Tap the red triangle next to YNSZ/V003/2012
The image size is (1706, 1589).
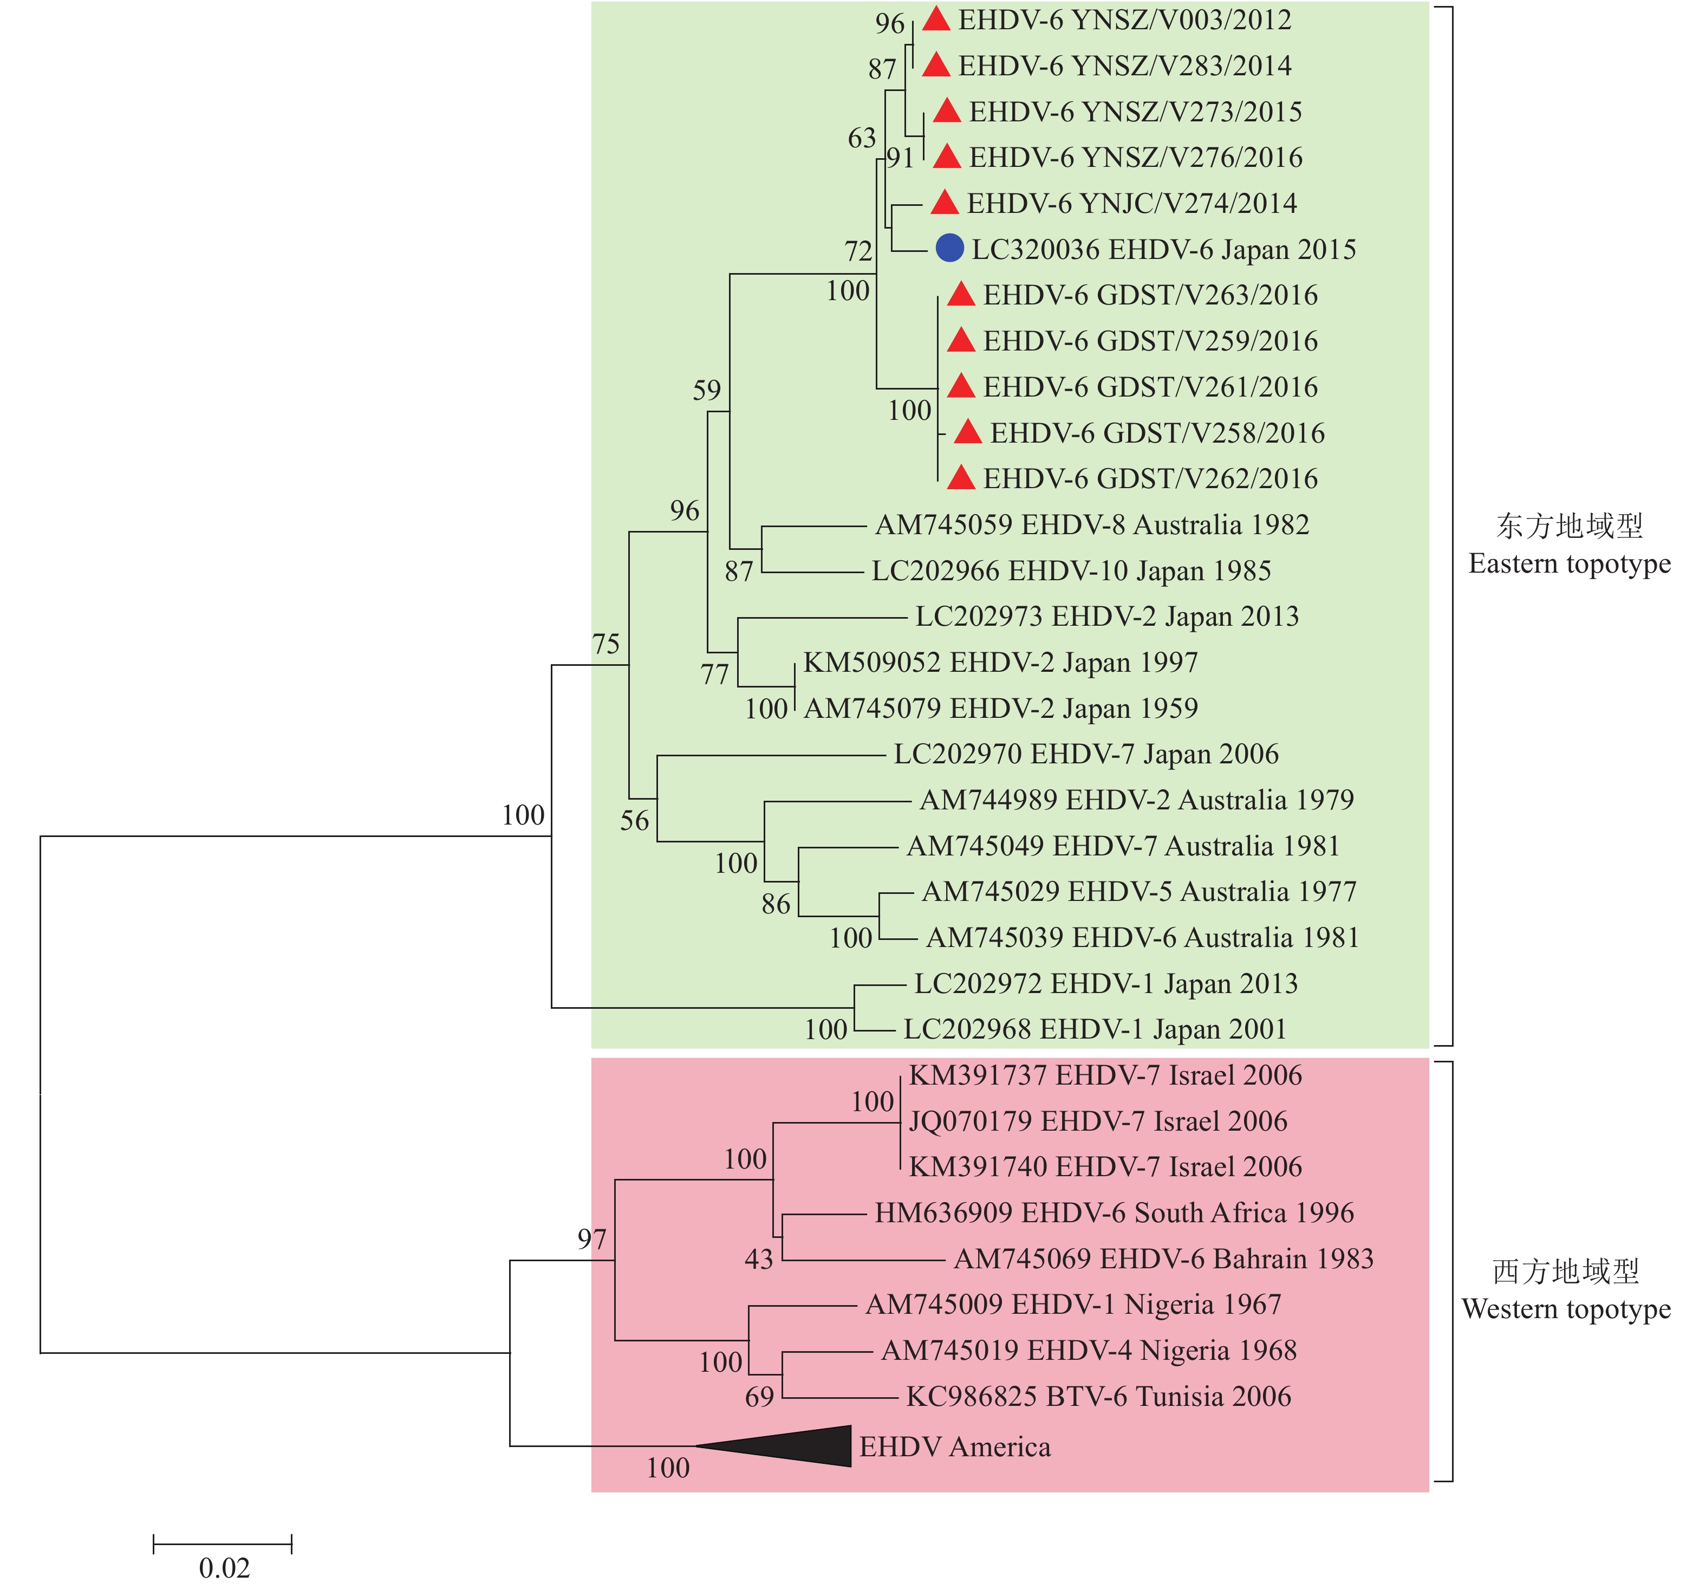tap(936, 20)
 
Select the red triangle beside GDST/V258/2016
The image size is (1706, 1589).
tap(968, 433)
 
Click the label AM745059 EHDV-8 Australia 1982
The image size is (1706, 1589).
tap(1091, 524)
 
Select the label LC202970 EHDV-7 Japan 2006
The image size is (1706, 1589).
tap(1085, 754)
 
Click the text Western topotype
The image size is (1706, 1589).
tap(1566, 1308)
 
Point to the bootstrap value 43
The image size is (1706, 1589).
tap(759, 1260)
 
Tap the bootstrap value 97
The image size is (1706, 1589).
tap(592, 1239)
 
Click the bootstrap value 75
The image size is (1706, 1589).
tap(606, 644)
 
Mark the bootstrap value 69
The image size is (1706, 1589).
tap(759, 1397)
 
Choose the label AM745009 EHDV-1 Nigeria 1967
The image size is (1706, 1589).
tap(1073, 1304)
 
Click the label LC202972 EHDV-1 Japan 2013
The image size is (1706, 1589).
tap(1105, 983)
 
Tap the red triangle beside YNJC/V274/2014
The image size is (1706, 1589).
tap(944, 203)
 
